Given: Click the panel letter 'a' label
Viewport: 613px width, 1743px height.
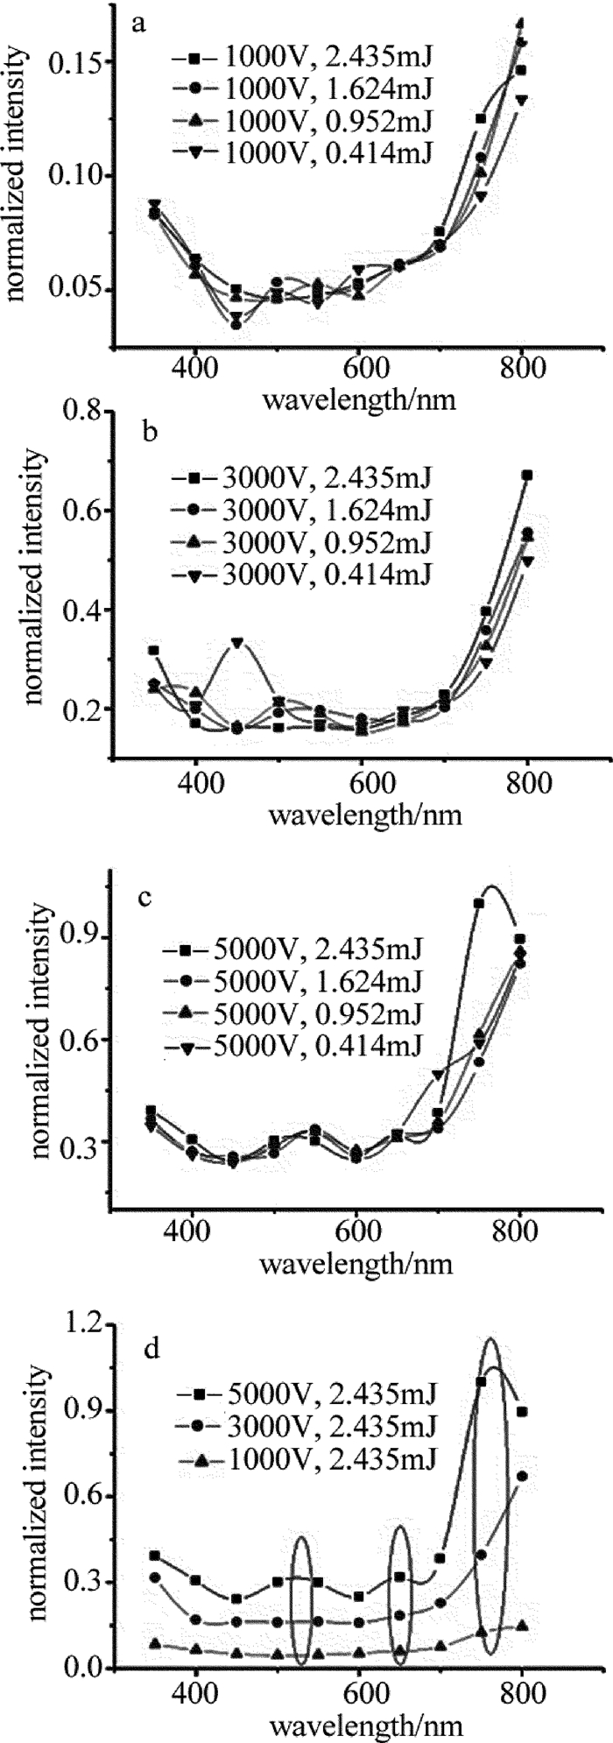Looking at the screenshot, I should click(x=138, y=24).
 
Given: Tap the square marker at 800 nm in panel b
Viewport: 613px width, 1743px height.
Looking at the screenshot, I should click(x=527, y=475).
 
